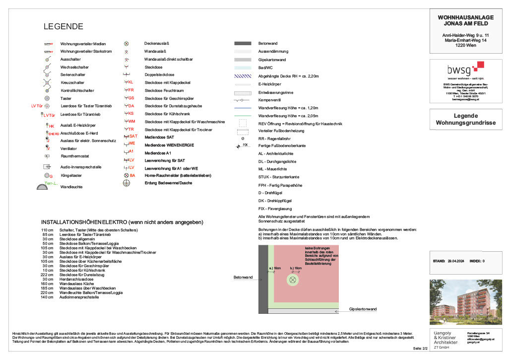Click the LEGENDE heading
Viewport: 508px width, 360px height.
63,27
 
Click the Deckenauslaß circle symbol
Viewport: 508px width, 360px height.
127,44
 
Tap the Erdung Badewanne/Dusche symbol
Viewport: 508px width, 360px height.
127,183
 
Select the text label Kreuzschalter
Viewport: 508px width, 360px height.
72,82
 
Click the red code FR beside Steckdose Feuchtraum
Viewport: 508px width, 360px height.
130,90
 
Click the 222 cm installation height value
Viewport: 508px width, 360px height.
47,275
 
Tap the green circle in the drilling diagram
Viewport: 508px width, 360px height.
293,280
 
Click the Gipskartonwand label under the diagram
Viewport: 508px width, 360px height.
363,309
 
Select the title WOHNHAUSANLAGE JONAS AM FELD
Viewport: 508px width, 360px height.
465,20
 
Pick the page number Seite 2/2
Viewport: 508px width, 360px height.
420,349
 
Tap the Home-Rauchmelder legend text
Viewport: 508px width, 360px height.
171,175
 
